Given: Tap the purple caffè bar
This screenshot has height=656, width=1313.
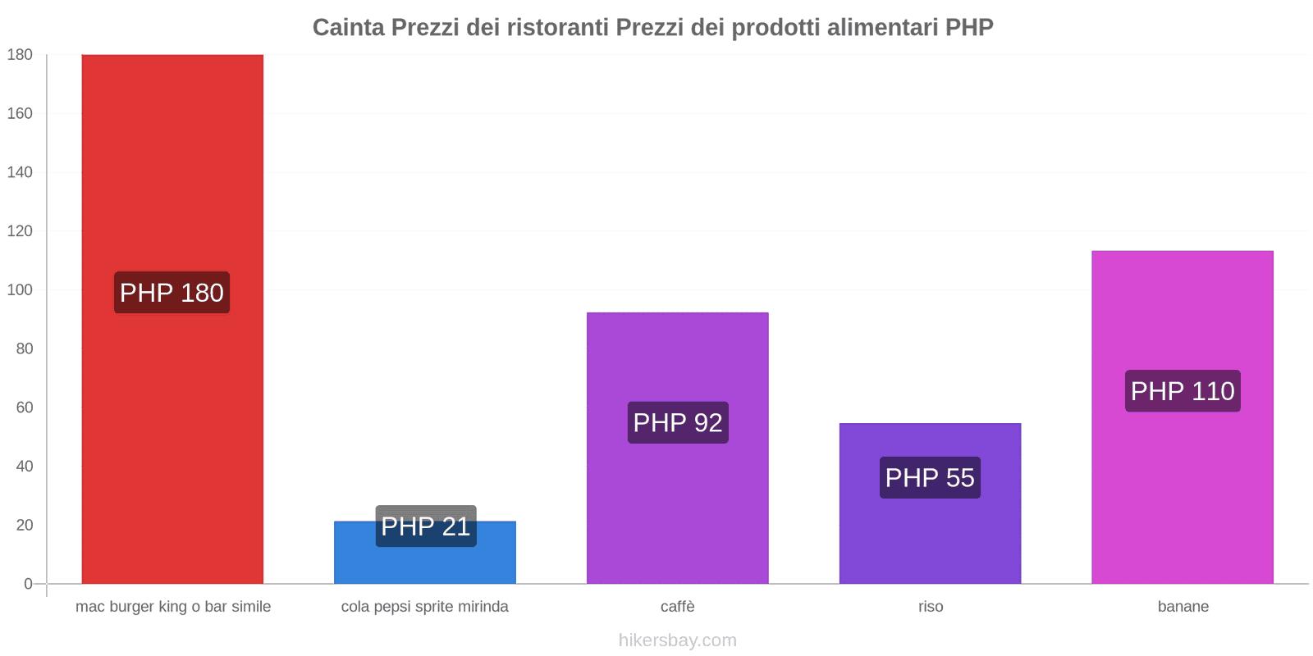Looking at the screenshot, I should tap(677, 508).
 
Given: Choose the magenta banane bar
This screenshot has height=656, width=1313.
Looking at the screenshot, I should tap(1182, 492).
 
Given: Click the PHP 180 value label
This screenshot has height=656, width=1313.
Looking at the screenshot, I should tap(172, 293).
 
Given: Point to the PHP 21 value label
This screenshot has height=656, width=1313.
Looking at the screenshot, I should tap(426, 526).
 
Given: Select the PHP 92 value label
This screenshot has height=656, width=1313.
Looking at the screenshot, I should tap(678, 422).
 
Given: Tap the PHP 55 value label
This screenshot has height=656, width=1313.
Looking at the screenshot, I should tap(930, 477).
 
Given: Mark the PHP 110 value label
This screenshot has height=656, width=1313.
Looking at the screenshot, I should tap(1183, 391).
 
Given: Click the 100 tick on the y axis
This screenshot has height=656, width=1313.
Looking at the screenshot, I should tap(20, 289).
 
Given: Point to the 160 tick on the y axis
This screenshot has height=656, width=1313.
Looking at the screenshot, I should tap(20, 113).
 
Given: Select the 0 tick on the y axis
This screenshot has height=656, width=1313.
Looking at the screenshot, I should tap(28, 584).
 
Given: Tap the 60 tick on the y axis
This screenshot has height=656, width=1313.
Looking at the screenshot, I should tap(24, 408).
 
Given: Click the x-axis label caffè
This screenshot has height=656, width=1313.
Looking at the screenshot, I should tap(677, 607).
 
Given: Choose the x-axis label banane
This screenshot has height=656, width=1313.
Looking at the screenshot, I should tap(1183, 607).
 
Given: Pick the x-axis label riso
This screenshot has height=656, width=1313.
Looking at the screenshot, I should tap(931, 607).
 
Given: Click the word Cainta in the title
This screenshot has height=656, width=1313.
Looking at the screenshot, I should tap(348, 27).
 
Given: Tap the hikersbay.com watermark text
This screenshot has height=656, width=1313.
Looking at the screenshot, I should tap(677, 640).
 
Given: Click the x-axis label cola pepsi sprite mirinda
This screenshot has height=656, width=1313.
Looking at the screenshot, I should tap(424, 607).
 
